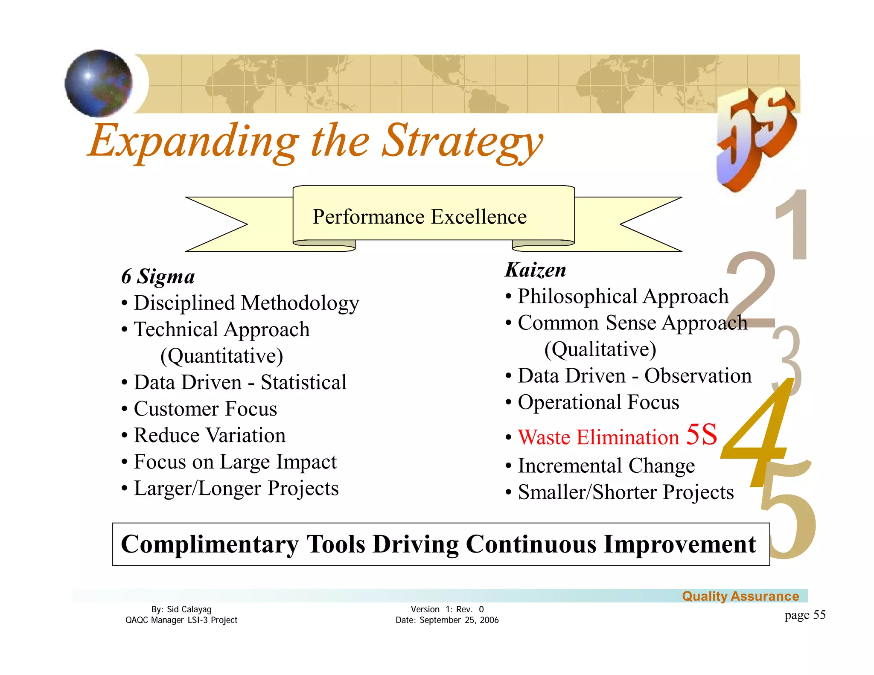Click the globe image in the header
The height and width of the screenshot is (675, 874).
[99, 83]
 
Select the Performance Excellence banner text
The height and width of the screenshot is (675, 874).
[420, 217]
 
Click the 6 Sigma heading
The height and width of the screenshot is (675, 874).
[158, 276]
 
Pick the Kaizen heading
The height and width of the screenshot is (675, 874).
[535, 270]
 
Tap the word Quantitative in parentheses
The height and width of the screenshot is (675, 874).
[221, 356]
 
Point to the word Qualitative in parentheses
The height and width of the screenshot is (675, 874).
[600, 349]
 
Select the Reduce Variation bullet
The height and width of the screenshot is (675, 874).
[209, 435]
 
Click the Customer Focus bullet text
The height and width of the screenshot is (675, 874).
[205, 409]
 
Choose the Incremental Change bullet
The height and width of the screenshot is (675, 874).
[606, 466]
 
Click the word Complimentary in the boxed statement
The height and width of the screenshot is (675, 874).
[210, 544]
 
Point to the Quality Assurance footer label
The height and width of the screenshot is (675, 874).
[740, 596]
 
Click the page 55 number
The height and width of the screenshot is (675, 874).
[804, 615]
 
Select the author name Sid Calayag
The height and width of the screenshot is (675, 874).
[189, 609]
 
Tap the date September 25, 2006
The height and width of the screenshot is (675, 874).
[459, 620]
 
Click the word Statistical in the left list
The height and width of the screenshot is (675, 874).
[303, 382]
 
